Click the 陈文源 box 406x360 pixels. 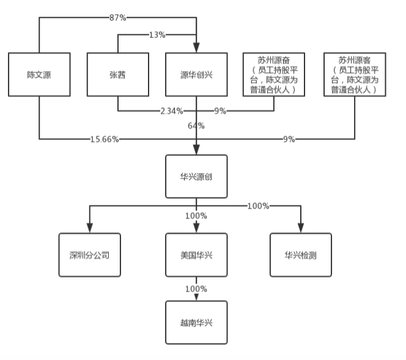point(39,75)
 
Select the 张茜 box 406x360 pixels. point(117,75)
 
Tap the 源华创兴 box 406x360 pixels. point(196,75)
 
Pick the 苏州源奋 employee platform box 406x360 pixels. point(274,75)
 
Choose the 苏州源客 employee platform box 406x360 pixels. point(354,75)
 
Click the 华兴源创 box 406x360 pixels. point(196,176)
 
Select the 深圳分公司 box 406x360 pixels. point(89,254)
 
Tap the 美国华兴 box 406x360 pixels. point(196,254)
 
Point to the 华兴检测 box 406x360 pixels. point(301,254)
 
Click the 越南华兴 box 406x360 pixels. point(196,322)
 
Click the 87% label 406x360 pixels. point(117,18)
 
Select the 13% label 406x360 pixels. point(157,35)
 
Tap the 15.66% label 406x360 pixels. point(105,139)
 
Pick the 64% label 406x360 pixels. point(196,126)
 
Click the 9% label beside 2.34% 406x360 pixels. point(220,111)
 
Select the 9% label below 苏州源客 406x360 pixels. point(289,139)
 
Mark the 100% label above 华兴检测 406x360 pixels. point(258,205)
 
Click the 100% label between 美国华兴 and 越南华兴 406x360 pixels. point(196,288)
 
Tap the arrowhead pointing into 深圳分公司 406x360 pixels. point(89,229)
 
